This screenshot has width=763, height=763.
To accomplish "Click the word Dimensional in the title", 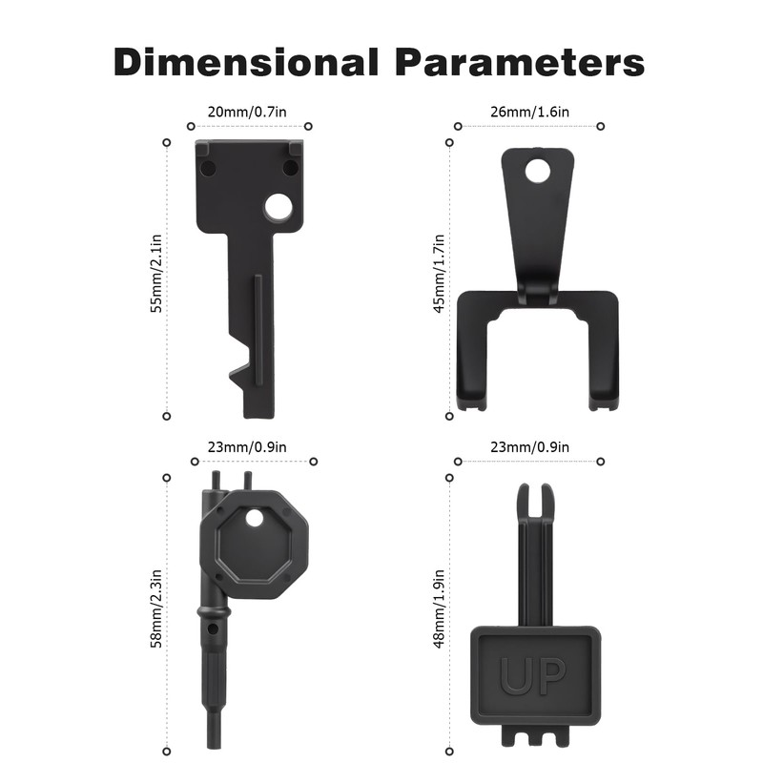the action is point(246,62).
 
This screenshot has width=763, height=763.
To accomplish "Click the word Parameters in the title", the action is point(520,62).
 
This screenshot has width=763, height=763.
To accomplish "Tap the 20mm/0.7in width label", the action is point(247,112).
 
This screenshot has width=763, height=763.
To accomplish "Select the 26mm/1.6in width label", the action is point(529,112).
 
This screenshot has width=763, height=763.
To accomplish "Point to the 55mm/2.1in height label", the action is point(156,274).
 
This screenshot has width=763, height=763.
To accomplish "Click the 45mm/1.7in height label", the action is point(439,274).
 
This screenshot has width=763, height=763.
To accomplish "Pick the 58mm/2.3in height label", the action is point(156,608).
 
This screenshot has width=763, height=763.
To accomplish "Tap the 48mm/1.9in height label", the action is point(439,608).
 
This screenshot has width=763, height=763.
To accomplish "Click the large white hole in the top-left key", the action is point(278,207).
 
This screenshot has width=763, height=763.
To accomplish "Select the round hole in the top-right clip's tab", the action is point(538,171).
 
